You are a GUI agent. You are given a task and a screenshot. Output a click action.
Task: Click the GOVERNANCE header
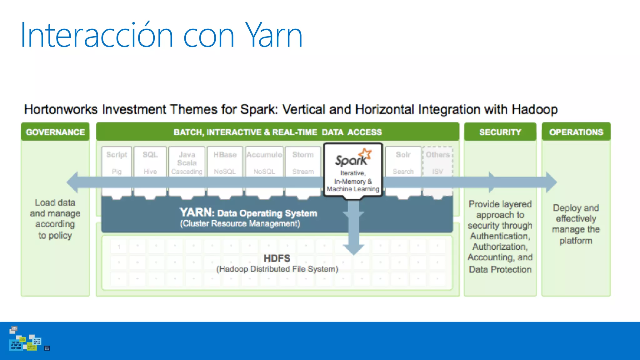(55, 132)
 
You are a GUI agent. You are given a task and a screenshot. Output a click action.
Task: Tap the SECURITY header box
(500, 132)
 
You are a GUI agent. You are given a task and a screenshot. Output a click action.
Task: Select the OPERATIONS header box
(576, 132)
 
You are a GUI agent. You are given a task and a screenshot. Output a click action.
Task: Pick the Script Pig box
(117, 162)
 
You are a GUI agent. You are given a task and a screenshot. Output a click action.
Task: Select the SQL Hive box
(150, 162)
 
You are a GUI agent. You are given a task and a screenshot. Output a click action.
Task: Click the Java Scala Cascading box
(187, 162)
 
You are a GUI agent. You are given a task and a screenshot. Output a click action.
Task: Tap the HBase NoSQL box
(225, 162)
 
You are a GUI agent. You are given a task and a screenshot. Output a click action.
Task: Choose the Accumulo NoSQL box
(264, 162)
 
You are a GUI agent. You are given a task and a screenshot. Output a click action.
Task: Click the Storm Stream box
(303, 162)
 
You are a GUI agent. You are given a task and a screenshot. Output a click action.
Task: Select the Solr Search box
(403, 162)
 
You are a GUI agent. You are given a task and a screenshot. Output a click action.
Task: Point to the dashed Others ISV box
(437, 162)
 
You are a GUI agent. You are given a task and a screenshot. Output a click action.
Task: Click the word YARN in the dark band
(196, 212)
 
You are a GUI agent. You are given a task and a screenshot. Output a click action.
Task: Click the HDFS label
(277, 258)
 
